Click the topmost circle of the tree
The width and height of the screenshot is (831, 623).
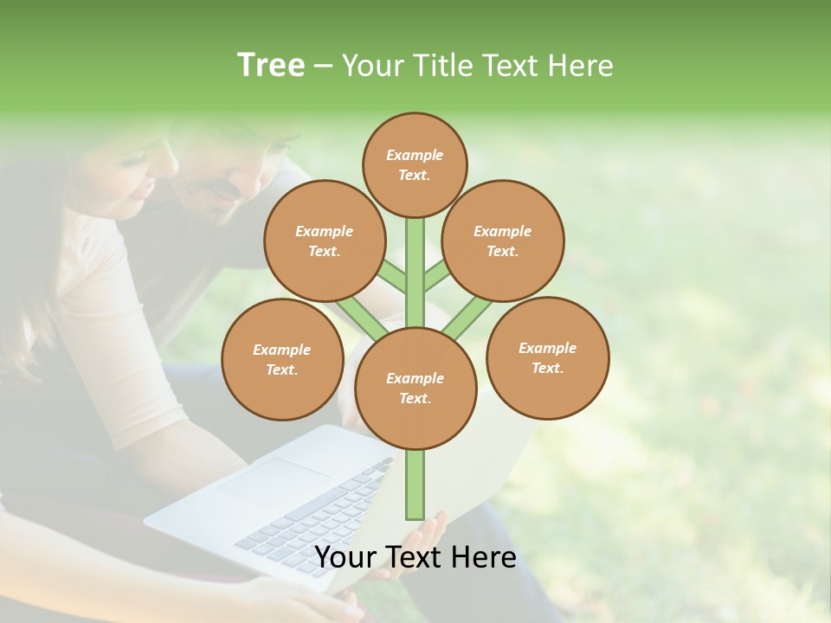[x=415, y=164]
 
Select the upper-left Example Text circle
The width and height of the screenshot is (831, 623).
[x=324, y=241]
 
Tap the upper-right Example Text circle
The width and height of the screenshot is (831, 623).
[x=503, y=241]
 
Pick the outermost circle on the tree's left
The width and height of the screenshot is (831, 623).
[x=282, y=359]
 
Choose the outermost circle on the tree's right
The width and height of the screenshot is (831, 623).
[x=548, y=357]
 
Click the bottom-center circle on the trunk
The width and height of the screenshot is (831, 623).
[x=415, y=388]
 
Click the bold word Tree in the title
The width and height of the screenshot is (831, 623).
[x=271, y=65]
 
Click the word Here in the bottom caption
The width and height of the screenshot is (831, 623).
[x=483, y=557]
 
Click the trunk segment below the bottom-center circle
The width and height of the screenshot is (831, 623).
[x=415, y=485]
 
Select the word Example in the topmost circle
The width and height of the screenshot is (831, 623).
[x=415, y=155]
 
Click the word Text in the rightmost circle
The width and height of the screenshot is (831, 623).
[x=547, y=368]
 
